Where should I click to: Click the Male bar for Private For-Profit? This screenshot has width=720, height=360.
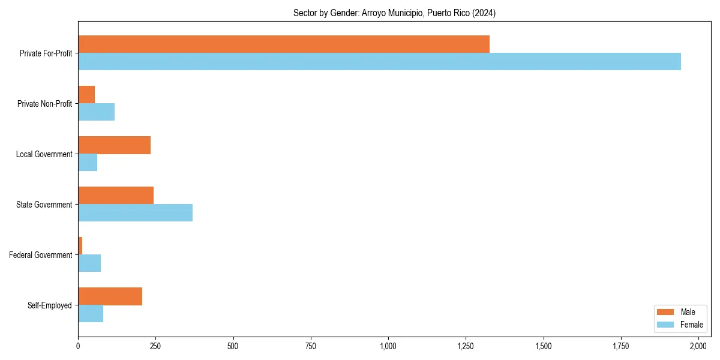point(284,44)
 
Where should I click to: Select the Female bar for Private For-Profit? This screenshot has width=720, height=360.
point(379,62)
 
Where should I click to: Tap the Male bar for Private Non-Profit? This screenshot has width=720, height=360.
point(86,95)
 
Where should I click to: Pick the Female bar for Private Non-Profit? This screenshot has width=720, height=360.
point(96,112)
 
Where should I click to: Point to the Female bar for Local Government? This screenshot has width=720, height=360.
point(88,163)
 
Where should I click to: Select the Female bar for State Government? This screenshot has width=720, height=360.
point(135,213)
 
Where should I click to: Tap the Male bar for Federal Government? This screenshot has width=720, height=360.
point(80,246)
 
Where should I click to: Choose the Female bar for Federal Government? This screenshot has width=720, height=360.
point(89,263)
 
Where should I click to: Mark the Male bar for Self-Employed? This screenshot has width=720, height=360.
point(110,296)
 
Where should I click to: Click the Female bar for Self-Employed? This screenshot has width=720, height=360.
point(91,314)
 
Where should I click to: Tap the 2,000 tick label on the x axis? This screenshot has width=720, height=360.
point(698,346)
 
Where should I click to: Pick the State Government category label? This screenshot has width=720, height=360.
point(44,205)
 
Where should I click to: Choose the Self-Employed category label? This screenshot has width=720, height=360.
point(50,305)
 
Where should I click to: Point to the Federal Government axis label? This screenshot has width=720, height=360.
point(41,255)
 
